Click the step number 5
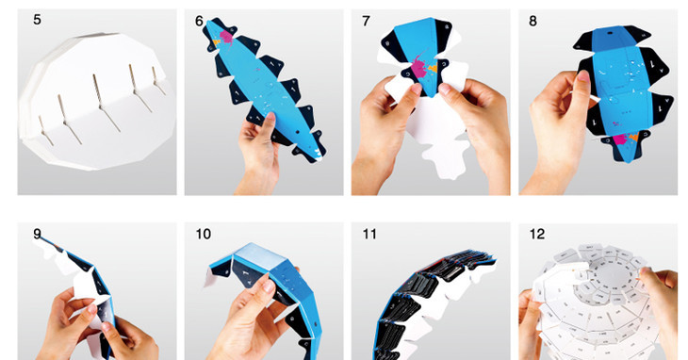click(x=37, y=20)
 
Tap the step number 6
click(x=200, y=21)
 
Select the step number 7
click(x=366, y=21)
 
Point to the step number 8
click(x=532, y=21)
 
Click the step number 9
click(x=38, y=234)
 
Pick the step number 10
click(x=204, y=234)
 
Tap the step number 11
click(x=369, y=234)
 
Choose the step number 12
click(x=537, y=234)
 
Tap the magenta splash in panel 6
click(x=226, y=36)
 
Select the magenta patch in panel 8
click(x=619, y=139)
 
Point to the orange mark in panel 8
click(x=633, y=138)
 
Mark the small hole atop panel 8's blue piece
click(x=610, y=32)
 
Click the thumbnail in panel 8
click(x=583, y=76)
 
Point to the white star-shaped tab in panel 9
click(x=90, y=289)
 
